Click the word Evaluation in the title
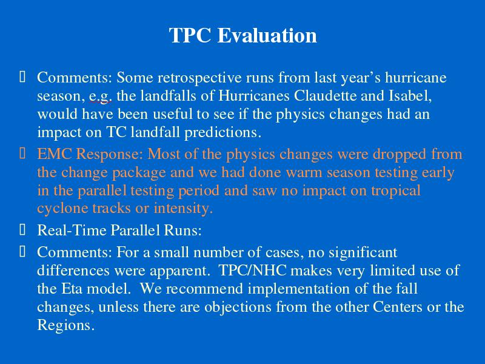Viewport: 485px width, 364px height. [267, 35]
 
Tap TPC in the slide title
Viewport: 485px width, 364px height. [190, 35]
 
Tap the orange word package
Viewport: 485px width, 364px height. [139, 173]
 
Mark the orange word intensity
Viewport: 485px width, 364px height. [183, 208]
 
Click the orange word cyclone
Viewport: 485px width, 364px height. [63, 208]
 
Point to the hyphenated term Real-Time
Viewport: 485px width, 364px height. [72, 231]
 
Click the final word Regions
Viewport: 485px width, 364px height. [65, 326]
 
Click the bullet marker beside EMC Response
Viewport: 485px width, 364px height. [22, 153]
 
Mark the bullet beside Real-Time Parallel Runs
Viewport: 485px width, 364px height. [22, 230]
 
